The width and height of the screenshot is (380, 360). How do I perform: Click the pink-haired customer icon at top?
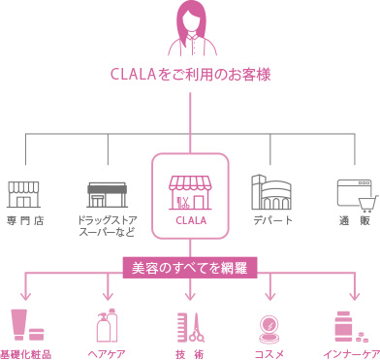(x=190, y=29)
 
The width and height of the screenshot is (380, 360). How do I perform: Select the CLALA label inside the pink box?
(x=190, y=221)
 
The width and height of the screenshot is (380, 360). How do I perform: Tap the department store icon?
(x=270, y=193)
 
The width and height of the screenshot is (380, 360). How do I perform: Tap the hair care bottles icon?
(x=106, y=326)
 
